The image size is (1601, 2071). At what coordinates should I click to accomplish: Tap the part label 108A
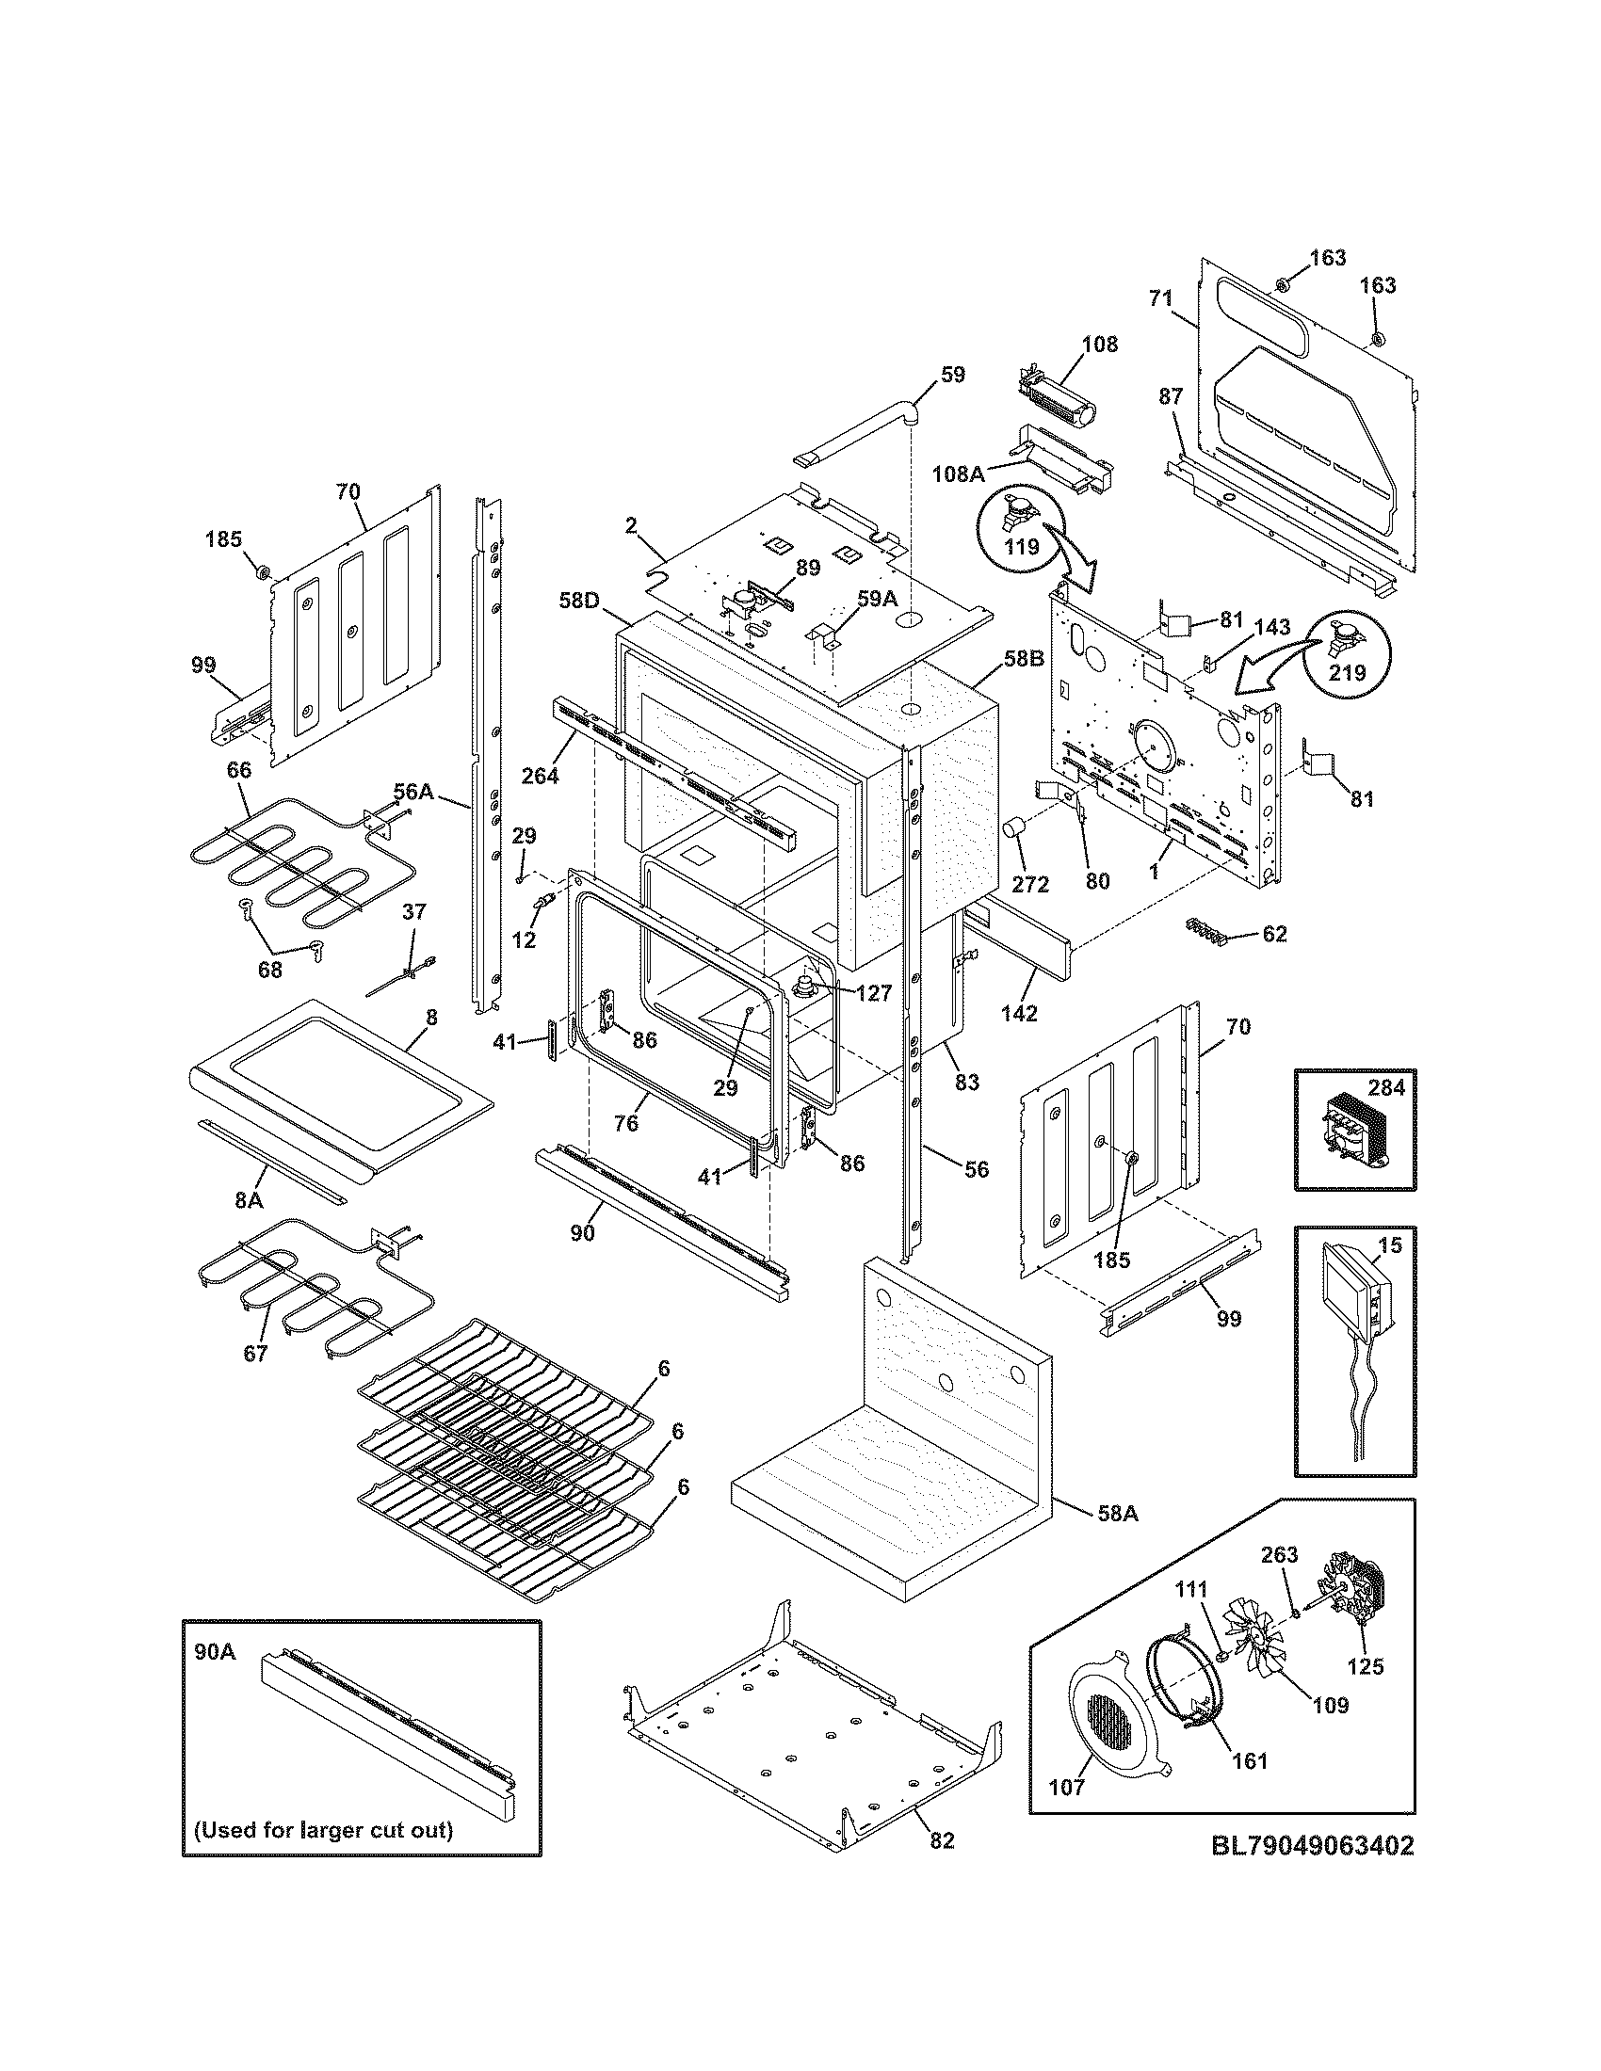[958, 474]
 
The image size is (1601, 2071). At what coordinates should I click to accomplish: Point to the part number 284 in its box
[1385, 1087]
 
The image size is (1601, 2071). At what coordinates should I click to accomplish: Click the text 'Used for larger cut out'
[323, 1829]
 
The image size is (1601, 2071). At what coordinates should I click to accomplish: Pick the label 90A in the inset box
[215, 1652]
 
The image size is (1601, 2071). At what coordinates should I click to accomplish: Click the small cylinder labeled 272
[1017, 828]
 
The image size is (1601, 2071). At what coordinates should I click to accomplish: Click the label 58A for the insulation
[1117, 1515]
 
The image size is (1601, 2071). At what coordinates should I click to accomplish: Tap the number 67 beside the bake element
[255, 1353]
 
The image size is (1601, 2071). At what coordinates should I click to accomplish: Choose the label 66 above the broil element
[239, 770]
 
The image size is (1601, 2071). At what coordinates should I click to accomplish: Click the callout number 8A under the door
[249, 1199]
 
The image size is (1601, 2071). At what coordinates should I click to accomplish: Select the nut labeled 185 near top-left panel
[265, 570]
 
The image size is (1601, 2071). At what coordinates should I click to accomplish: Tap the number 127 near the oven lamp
[873, 993]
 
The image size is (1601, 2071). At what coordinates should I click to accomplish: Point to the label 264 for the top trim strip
[540, 775]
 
